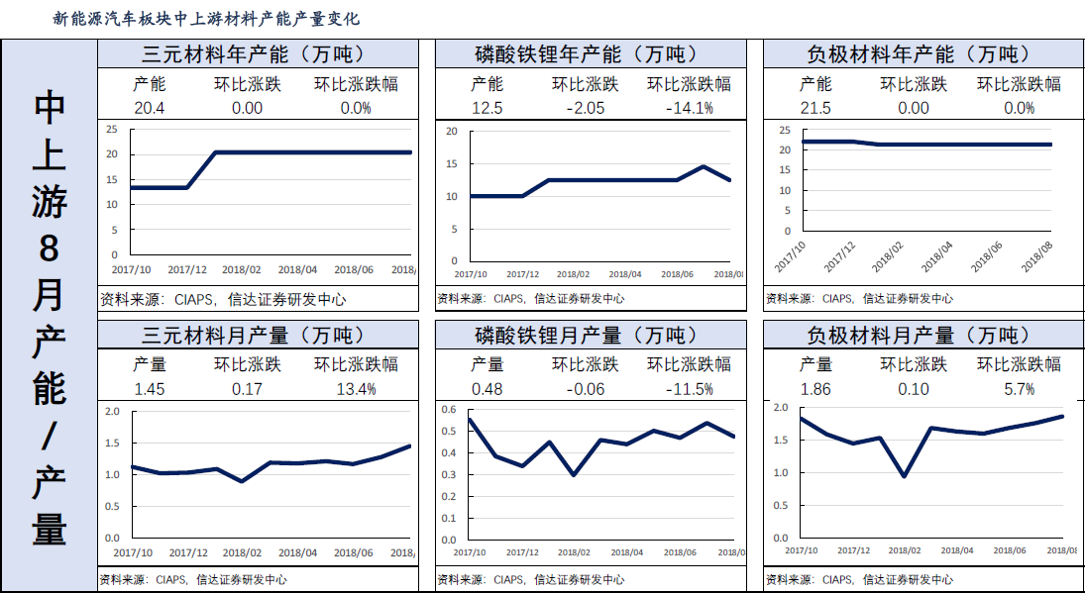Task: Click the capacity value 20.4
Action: coord(150,108)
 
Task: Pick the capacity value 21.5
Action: coord(815,108)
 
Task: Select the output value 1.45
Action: coord(150,389)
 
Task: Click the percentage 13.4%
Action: coord(356,389)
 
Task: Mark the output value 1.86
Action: coord(815,389)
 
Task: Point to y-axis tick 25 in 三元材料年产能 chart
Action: coord(112,129)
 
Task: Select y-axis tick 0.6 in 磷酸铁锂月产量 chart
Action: coord(449,410)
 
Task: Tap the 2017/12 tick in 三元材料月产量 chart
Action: coord(187,552)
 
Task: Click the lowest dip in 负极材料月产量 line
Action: coord(903,476)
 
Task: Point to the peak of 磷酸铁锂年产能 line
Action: coord(703,166)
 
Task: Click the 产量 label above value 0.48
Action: coord(487,365)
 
